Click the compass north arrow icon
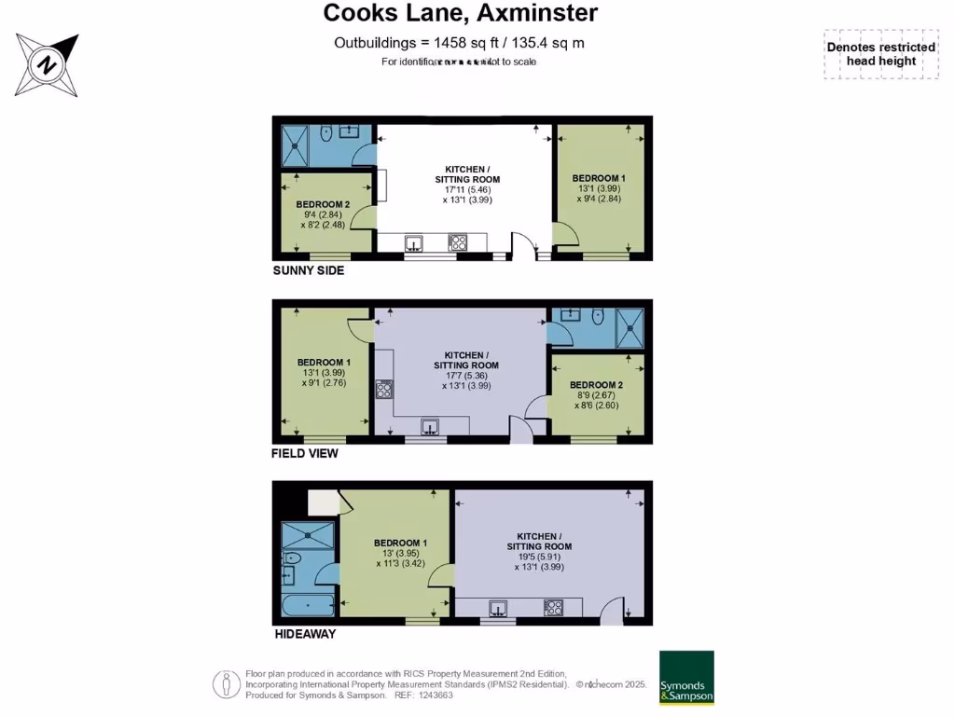click(x=46, y=63)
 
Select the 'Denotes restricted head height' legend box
click(x=880, y=55)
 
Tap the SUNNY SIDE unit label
click(x=308, y=271)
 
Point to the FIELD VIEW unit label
click(x=305, y=454)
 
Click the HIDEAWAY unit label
click(x=304, y=635)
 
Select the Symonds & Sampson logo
click(x=686, y=678)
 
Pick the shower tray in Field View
click(x=630, y=327)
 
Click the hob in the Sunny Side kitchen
click(x=458, y=243)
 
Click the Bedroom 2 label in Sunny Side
click(x=323, y=204)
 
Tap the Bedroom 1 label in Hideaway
click(x=400, y=543)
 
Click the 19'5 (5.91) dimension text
click(x=538, y=557)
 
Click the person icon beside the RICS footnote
click(x=225, y=683)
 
